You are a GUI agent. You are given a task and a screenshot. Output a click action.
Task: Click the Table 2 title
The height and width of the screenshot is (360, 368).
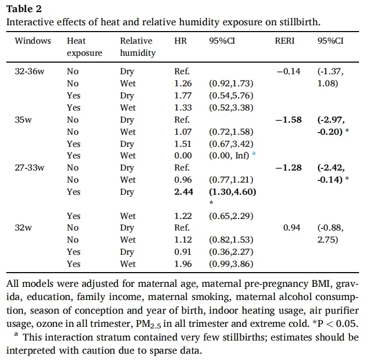click(24, 9)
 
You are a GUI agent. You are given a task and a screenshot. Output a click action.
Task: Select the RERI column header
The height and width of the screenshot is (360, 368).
click(284, 41)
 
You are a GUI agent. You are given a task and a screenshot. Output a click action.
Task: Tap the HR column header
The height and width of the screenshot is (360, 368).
click(181, 41)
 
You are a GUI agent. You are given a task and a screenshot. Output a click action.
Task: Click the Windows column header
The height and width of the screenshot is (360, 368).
click(33, 41)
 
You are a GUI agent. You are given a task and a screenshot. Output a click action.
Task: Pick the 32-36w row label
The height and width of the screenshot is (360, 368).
click(29, 71)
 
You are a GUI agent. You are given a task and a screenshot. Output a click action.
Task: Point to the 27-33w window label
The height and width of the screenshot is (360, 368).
click(29, 167)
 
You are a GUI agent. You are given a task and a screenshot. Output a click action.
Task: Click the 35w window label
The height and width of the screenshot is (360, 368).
click(23, 119)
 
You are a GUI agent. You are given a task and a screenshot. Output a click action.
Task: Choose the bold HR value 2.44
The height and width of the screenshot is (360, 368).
click(184, 192)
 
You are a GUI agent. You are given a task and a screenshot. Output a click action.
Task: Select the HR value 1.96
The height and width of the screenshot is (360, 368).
click(183, 264)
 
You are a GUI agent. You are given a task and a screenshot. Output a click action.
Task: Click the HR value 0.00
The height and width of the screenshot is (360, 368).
click(183, 155)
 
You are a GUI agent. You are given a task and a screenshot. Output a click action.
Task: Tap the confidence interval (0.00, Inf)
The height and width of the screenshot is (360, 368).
click(229, 155)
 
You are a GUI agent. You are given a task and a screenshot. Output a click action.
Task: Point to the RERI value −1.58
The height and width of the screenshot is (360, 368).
click(289, 119)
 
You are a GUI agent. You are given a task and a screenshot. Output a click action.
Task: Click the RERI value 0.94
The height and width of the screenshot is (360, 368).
click(292, 228)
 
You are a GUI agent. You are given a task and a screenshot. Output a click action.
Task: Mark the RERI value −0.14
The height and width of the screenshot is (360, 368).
click(289, 71)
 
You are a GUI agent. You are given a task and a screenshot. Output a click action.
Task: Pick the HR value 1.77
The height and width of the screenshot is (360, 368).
click(183, 95)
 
